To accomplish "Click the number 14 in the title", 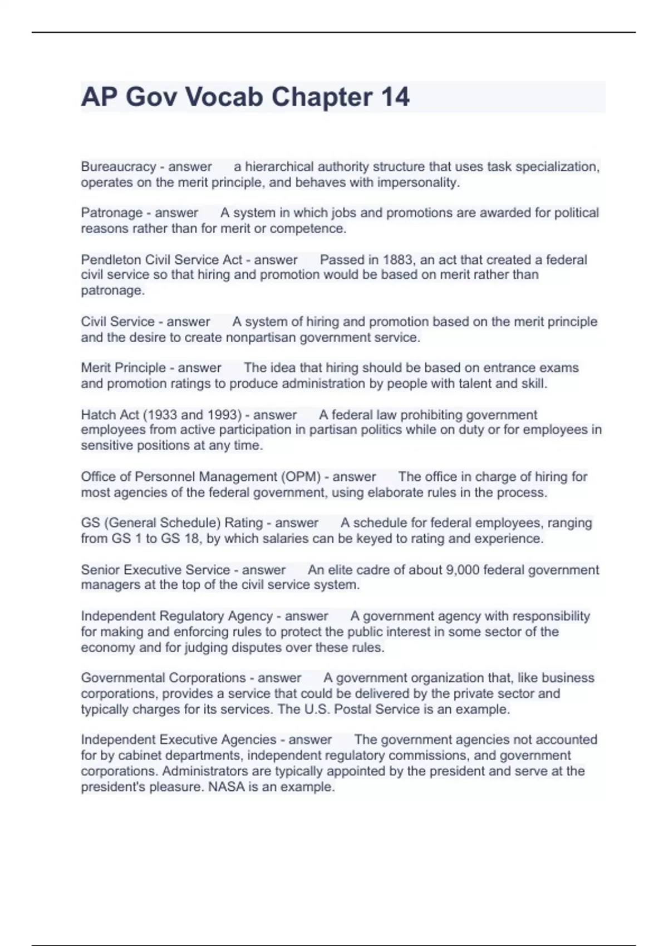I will click(x=395, y=97).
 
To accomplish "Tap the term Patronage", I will click(x=112, y=213).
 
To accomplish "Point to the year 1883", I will click(x=397, y=260).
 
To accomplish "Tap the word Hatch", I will click(x=99, y=415).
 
